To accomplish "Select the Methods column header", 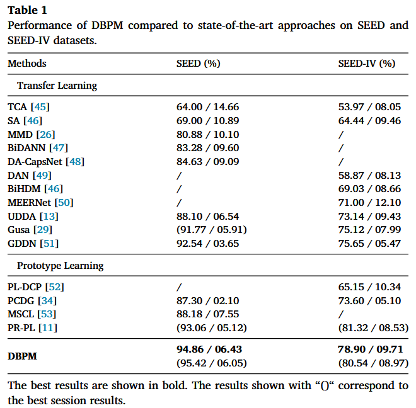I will [27, 64].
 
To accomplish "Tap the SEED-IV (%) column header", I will [367, 64].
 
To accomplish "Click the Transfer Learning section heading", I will [57, 86].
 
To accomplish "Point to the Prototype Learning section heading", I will [60, 266].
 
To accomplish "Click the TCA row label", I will [18, 107].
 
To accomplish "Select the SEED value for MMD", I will [207, 134].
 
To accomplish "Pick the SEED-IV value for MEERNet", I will [369, 203].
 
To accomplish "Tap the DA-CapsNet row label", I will [37, 162].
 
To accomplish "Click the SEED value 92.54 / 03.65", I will [207, 244].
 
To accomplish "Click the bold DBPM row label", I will [22, 356].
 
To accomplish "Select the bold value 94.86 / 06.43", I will [209, 349].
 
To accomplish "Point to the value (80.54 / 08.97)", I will [369, 363].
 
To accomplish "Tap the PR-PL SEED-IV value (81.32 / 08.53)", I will [369, 328].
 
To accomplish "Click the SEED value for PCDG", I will [207, 301].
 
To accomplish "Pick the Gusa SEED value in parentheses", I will [211, 230].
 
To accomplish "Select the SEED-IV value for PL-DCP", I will [369, 287].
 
